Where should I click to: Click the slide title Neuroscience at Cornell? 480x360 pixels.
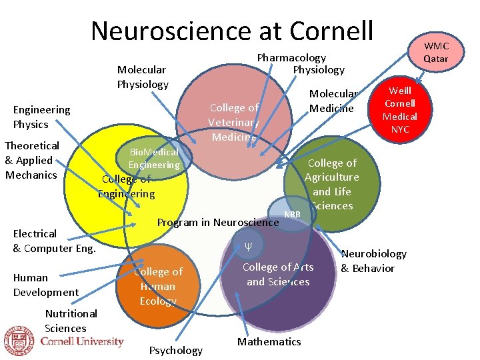pyautogui.click(x=232, y=31)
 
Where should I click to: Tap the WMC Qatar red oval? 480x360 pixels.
pyautogui.click(x=437, y=53)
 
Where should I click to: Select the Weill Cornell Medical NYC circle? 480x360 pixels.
pyautogui.click(x=399, y=110)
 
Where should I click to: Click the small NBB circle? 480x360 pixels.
pyautogui.click(x=292, y=214)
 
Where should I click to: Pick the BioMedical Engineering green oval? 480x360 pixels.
pyautogui.click(x=154, y=159)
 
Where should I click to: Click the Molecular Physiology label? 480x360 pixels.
pyautogui.click(x=143, y=77)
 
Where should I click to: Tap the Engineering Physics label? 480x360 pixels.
pyautogui.click(x=41, y=117)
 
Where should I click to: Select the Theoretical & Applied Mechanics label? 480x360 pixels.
pyautogui.click(x=32, y=160)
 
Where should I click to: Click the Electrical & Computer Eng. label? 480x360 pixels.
pyautogui.click(x=55, y=241)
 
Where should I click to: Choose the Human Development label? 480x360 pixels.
pyautogui.click(x=45, y=285)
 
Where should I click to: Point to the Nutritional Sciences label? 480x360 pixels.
pyautogui.click(x=71, y=321)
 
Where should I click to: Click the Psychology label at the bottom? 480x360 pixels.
pyautogui.click(x=176, y=350)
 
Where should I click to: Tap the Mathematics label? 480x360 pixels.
pyautogui.click(x=269, y=341)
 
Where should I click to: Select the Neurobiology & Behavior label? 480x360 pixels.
pyautogui.click(x=373, y=261)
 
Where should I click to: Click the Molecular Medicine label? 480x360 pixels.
pyautogui.click(x=333, y=101)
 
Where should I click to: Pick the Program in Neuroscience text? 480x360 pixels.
pyautogui.click(x=217, y=222)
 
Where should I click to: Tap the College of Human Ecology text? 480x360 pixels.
pyautogui.click(x=158, y=286)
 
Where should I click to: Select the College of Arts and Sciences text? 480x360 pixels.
pyautogui.click(x=278, y=274)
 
